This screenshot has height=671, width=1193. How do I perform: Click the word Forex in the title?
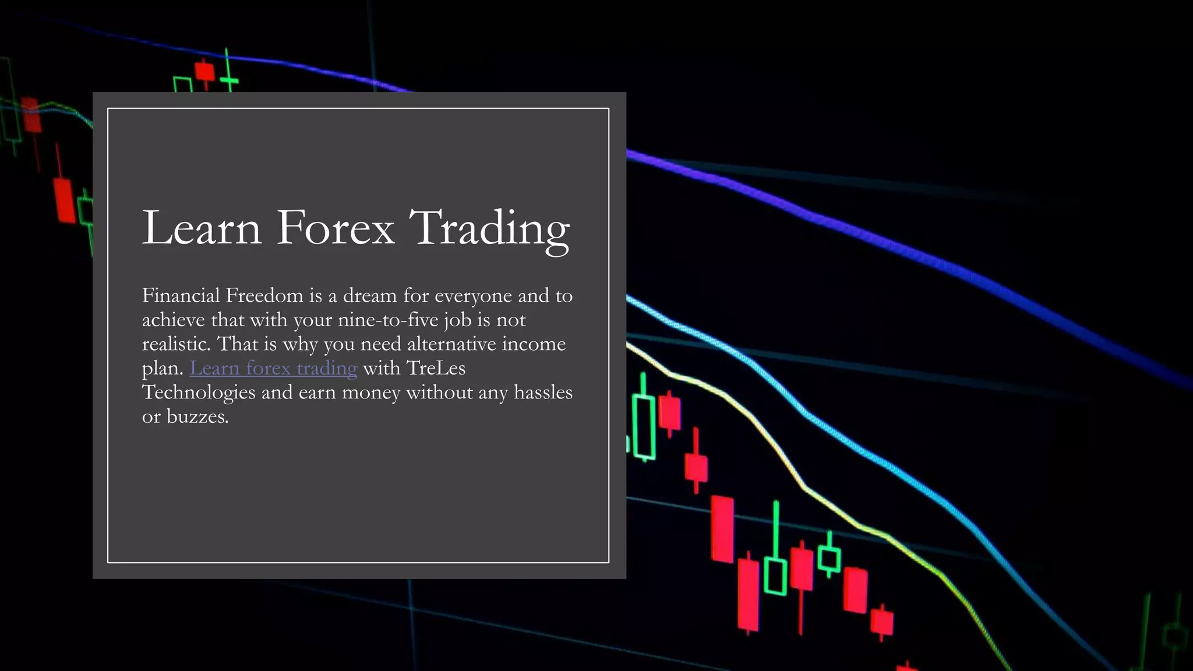(x=335, y=228)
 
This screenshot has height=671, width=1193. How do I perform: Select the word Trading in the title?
(x=489, y=228)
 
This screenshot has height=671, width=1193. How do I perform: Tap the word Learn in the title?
(x=202, y=228)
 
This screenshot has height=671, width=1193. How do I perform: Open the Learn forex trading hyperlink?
(x=273, y=368)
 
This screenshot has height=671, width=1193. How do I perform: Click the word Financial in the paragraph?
(x=181, y=296)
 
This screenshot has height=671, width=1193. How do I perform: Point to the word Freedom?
(x=264, y=296)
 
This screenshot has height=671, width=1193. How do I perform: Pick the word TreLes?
(x=436, y=368)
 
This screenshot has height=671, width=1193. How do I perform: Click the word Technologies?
(x=199, y=393)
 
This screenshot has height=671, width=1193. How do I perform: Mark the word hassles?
(x=543, y=393)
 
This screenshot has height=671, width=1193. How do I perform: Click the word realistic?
(x=176, y=344)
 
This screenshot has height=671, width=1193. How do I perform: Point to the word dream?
(x=369, y=296)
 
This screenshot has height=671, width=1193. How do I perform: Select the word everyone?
(x=473, y=296)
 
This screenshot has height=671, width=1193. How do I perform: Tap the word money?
(x=371, y=393)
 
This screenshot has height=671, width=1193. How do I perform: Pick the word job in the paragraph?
(x=457, y=320)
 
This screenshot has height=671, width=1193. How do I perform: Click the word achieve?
(x=174, y=320)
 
